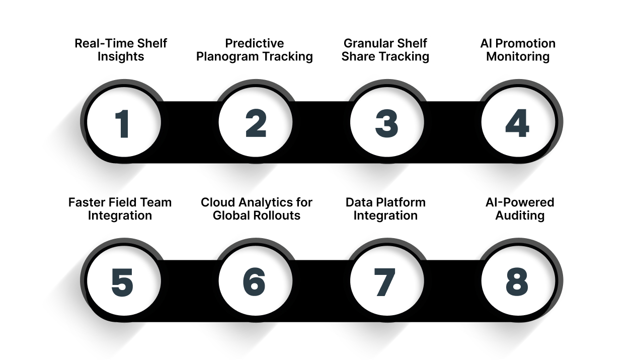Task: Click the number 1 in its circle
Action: pyautogui.click(x=122, y=123)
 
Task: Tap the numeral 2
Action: pyautogui.click(x=256, y=123)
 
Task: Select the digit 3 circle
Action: pyautogui.click(x=386, y=123)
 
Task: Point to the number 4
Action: pyautogui.click(x=517, y=123)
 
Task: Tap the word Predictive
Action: pyautogui.click(x=255, y=43)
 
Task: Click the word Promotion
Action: pyautogui.click(x=527, y=43)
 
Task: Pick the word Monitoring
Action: pyautogui.click(x=518, y=56)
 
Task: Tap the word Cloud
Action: pyautogui.click(x=217, y=202)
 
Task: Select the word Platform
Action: pyautogui.click(x=401, y=202)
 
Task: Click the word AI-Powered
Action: pyautogui.click(x=520, y=202)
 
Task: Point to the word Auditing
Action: pyautogui.click(x=520, y=215)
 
